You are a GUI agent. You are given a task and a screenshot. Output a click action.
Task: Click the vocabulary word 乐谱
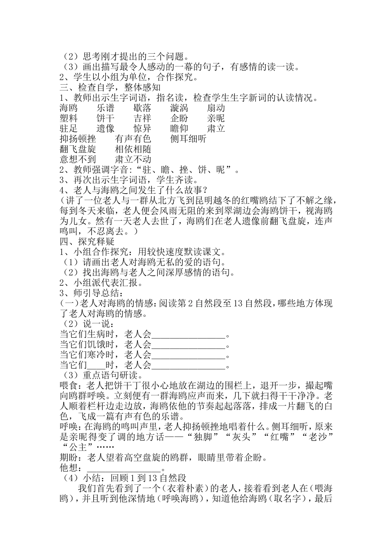click(106, 108)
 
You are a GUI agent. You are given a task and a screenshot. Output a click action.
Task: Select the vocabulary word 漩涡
click(179, 108)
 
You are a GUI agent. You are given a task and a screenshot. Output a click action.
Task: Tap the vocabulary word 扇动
click(216, 108)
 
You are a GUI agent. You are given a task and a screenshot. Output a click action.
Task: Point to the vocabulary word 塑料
click(68, 119)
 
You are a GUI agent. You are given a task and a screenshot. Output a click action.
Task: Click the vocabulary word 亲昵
click(216, 119)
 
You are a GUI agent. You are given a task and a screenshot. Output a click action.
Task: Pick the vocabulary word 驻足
click(68, 129)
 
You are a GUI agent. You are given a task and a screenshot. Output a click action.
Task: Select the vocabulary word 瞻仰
click(179, 129)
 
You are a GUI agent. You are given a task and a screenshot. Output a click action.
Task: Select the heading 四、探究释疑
click(87, 242)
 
